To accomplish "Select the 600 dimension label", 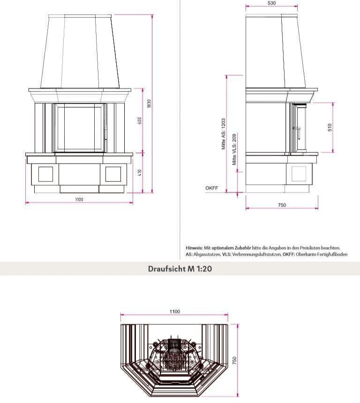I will coord(139,121).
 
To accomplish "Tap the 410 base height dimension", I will coord(139,172).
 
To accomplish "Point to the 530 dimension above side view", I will coord(271,3).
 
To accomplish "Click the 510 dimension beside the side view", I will coord(330,127).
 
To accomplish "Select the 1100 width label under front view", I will coord(79,200).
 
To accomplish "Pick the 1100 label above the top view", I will coord(174,312).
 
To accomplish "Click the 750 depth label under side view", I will coord(282,205).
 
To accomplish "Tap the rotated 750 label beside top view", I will coord(235,360).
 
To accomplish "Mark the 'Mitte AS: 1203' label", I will coord(224,134).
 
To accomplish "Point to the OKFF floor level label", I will coord(211,188).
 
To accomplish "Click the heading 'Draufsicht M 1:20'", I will coord(180,269).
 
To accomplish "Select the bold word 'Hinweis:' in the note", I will coord(195,248).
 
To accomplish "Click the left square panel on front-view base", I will coord(45,174).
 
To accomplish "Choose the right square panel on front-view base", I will coord(113,174).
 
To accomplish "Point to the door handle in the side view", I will coord(296,127).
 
